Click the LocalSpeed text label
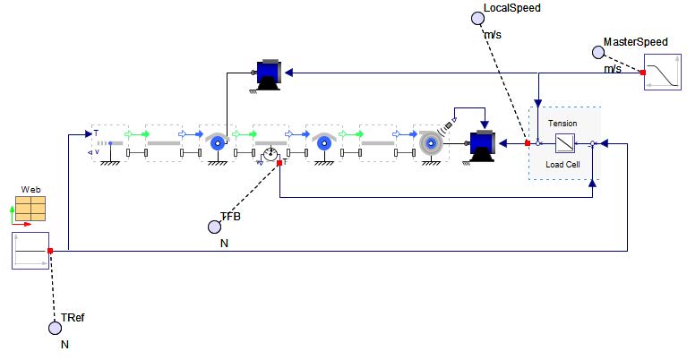[511, 8]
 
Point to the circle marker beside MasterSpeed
[597, 52]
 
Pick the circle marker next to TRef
[55, 328]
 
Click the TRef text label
[73, 318]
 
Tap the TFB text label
[231, 217]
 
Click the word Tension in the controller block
[562, 123]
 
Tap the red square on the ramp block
[643, 73]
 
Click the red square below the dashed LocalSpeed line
[528, 143]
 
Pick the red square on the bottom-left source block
[50, 251]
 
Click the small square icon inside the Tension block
[564, 143]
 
